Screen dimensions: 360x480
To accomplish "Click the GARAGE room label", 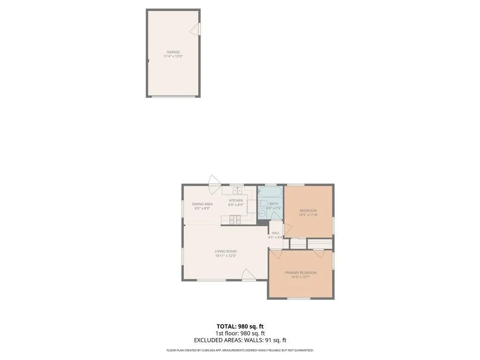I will click(x=173, y=52).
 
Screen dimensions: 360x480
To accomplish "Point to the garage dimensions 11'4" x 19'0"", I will click(x=173, y=56).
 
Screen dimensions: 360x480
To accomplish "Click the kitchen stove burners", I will click(x=235, y=219).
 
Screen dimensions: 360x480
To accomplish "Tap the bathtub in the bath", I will click(x=270, y=193).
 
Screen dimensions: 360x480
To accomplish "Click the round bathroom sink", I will click(x=262, y=214).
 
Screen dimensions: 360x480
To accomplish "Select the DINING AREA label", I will click(x=202, y=204).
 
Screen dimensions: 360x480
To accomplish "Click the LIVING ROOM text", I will click(x=225, y=251).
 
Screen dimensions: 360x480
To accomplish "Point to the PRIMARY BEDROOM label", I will click(x=300, y=273).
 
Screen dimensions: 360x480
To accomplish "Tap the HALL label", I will click(x=276, y=233).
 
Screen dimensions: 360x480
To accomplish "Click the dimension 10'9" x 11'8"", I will click(x=308, y=215).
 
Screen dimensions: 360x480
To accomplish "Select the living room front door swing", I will click(x=248, y=275).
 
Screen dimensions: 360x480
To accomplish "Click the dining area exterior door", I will click(x=215, y=181).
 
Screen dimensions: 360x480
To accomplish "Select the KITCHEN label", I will click(x=236, y=201).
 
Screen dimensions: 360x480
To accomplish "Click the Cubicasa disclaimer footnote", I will click(x=240, y=350).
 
